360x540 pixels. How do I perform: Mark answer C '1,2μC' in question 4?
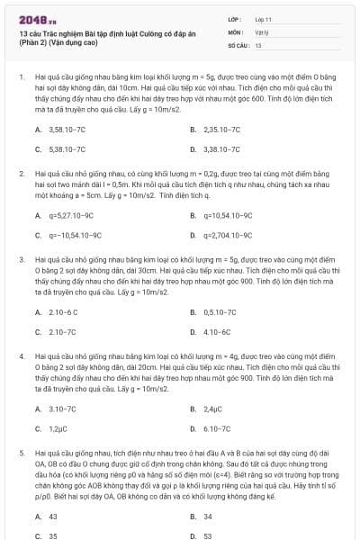[x=56, y=428]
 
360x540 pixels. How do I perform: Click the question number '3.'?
[x=20, y=259]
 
